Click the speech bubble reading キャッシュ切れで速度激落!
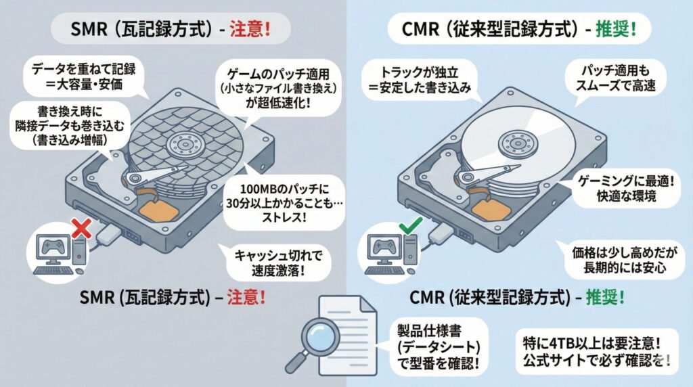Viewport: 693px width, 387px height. [275, 263]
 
